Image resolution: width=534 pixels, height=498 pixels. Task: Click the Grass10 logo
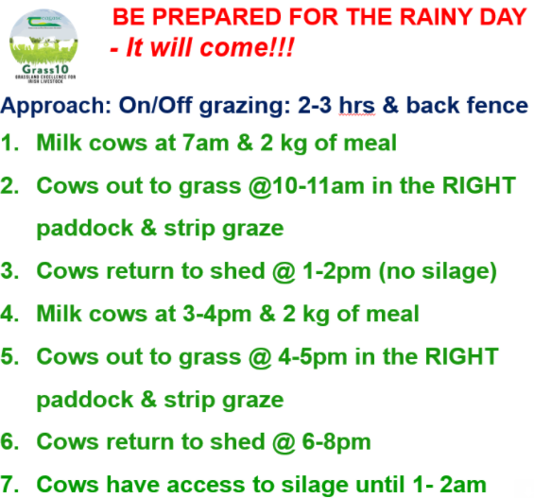[43, 46]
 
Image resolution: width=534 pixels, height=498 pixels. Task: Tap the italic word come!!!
[247, 47]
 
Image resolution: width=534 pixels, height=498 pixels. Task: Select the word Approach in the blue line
[56, 106]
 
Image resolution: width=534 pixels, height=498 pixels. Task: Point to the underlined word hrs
[356, 105]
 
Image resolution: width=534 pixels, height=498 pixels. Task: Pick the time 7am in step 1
[205, 143]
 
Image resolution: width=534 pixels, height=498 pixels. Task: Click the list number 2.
[9, 186]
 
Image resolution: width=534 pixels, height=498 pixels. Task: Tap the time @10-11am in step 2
[306, 186]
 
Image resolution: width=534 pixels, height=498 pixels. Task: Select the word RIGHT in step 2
[478, 186]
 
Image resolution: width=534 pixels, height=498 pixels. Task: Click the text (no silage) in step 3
[438, 272]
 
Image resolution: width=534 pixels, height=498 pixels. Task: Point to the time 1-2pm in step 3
[336, 272]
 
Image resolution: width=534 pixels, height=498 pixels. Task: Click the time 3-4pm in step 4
[217, 315]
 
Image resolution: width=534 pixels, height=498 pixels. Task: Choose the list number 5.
[9, 357]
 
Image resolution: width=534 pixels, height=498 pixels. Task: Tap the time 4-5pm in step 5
[313, 357]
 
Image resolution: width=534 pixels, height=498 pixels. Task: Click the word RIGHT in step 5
[462, 357]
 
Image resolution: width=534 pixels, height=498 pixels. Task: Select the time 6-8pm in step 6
[336, 442]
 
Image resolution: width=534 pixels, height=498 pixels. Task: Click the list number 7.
[9, 485]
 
